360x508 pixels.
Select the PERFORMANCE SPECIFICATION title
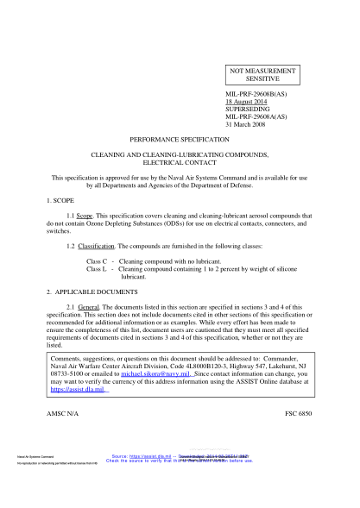click(x=180, y=139)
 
